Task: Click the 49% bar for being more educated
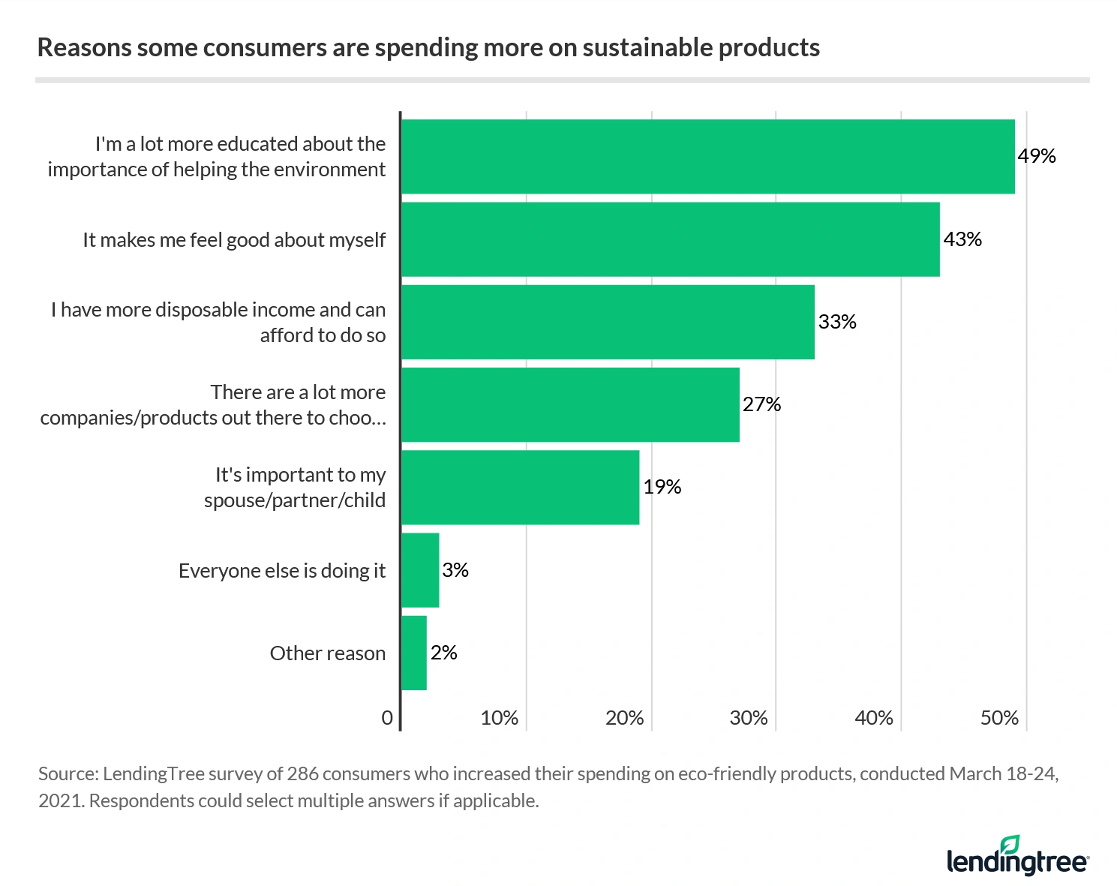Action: [x=707, y=156]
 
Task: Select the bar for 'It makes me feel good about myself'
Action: [x=670, y=239]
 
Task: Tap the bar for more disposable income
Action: [x=608, y=321]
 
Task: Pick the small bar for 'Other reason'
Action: [x=414, y=653]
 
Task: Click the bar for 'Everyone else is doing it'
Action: [x=420, y=569]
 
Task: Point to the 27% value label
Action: [x=761, y=404]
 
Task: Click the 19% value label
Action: [x=662, y=487]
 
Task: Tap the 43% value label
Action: [x=962, y=239]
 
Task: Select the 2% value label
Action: [x=443, y=653]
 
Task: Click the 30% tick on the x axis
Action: [x=749, y=718]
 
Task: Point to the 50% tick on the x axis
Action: [x=998, y=718]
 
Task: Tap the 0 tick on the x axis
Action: [x=387, y=718]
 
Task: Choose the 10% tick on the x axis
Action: [x=499, y=718]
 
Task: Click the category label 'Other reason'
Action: [x=327, y=653]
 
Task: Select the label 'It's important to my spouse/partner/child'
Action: [x=295, y=488]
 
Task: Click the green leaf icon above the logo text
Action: [x=1010, y=844]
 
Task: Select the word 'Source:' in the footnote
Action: [x=68, y=773]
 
